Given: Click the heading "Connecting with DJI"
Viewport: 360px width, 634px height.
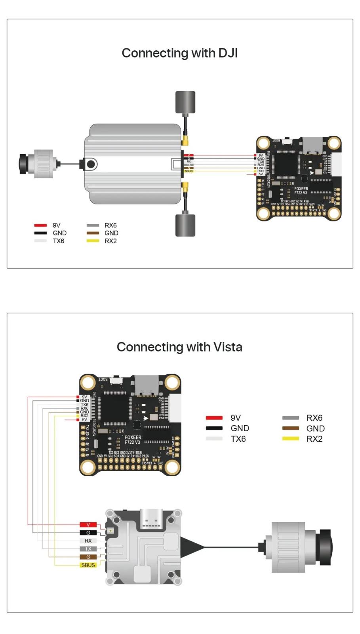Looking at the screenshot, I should click(x=179, y=53).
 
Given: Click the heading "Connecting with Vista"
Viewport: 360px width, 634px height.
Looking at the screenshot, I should click(x=179, y=347).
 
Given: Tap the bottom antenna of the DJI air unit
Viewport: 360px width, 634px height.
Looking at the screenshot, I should click(x=185, y=225).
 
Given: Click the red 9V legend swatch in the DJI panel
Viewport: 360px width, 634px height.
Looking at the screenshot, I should click(x=40, y=225).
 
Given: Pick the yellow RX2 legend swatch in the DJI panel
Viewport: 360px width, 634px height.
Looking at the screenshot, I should click(x=93, y=241).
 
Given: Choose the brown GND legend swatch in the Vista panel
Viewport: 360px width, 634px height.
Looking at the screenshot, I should click(x=290, y=428).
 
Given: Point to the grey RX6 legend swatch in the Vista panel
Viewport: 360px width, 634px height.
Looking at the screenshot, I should click(x=290, y=418).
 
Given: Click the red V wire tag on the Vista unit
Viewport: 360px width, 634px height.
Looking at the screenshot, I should click(x=88, y=525).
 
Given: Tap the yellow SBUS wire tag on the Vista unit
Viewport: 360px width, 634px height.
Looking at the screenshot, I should click(x=88, y=565).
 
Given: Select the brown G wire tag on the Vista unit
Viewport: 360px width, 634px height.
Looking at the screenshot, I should click(x=88, y=557).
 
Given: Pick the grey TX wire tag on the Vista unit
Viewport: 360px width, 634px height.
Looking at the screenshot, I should click(x=88, y=549).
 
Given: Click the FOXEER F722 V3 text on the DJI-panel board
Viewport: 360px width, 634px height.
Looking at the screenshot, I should click(x=301, y=191).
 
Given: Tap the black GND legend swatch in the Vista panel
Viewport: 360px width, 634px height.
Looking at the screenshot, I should click(x=214, y=428).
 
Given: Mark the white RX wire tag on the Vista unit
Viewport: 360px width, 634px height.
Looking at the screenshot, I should click(x=88, y=541).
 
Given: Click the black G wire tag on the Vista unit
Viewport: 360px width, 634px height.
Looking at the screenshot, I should click(x=88, y=533).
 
